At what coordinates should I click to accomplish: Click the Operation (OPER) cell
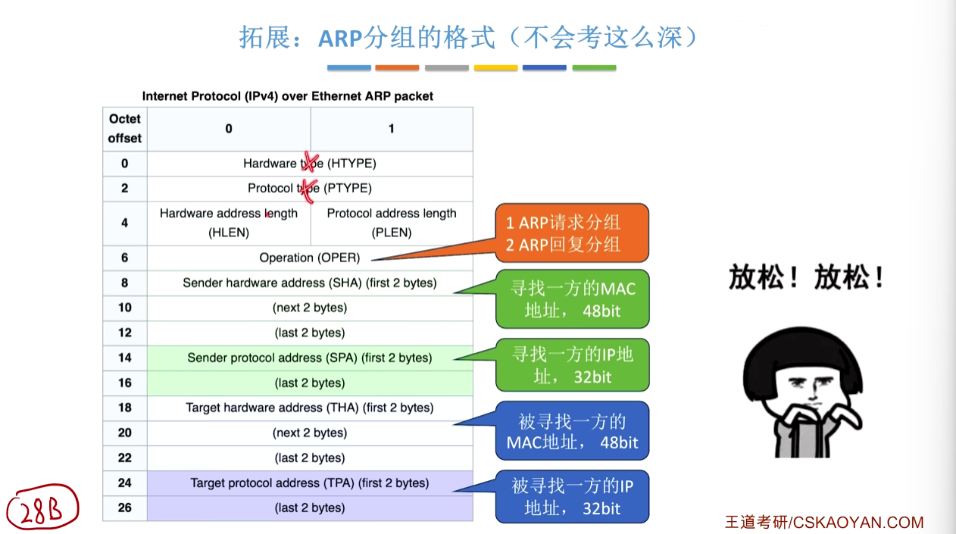pyautogui.click(x=310, y=258)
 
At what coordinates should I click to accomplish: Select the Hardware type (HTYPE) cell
pyautogui.click(x=310, y=164)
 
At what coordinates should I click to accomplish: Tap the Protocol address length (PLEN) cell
pyautogui.click(x=392, y=223)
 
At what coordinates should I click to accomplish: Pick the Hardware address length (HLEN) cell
pyautogui.click(x=229, y=223)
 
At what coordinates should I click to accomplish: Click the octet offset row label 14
pyautogui.click(x=125, y=358)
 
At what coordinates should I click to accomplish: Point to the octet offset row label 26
pyautogui.click(x=125, y=508)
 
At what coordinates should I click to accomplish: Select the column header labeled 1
pyautogui.click(x=392, y=129)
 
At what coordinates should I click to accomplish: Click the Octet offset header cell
pyautogui.click(x=125, y=129)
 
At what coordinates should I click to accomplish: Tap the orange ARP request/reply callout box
pyautogui.click(x=572, y=233)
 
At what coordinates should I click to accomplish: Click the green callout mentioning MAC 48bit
pyautogui.click(x=573, y=299)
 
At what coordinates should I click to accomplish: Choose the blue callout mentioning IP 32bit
pyautogui.click(x=573, y=497)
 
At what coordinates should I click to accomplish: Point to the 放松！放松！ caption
pyautogui.click(x=807, y=277)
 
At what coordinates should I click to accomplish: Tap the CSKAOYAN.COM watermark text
pyautogui.click(x=858, y=523)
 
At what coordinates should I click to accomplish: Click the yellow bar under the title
pyautogui.click(x=495, y=68)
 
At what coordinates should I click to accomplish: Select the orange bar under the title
pyautogui.click(x=397, y=68)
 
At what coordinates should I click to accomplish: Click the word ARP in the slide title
pyautogui.click(x=340, y=39)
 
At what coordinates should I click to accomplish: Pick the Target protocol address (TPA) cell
pyautogui.click(x=310, y=483)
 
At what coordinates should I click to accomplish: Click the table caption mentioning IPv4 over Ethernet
pyautogui.click(x=288, y=96)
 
